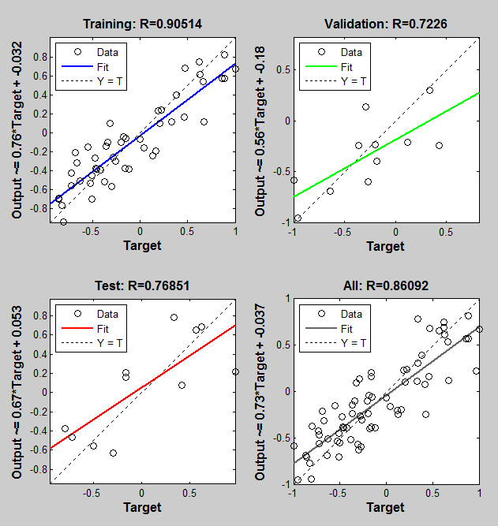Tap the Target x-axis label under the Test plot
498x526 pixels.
click(x=142, y=507)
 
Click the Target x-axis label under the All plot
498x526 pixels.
click(x=386, y=507)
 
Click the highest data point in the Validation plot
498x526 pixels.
click(x=429, y=90)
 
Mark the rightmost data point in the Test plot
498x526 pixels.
click(x=235, y=371)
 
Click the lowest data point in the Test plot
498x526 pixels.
click(x=113, y=453)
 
